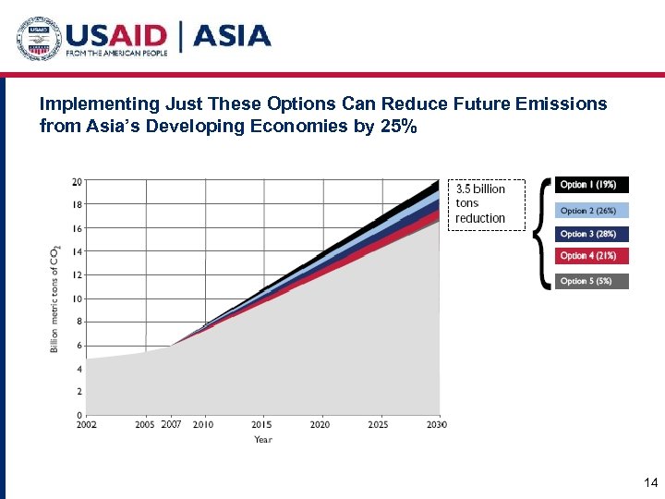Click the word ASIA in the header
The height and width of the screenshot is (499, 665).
pyautogui.click(x=232, y=37)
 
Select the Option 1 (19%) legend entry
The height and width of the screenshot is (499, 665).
pyautogui.click(x=591, y=185)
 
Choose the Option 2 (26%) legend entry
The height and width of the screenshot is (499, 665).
pyautogui.click(x=591, y=211)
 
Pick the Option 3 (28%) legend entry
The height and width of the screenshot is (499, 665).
pyautogui.click(x=591, y=235)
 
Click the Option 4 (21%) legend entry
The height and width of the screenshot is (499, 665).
pyautogui.click(x=591, y=256)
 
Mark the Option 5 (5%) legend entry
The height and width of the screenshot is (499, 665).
pyautogui.click(x=591, y=281)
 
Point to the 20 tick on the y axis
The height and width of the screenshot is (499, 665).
pyautogui.click(x=77, y=181)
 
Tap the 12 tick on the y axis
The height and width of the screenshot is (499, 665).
pyautogui.click(x=77, y=275)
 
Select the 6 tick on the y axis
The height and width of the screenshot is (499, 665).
pyautogui.click(x=79, y=346)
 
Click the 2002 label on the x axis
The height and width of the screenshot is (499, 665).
pyautogui.click(x=87, y=424)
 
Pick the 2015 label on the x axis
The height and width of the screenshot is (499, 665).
pyautogui.click(x=262, y=424)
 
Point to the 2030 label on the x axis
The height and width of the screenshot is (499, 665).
pyautogui.click(x=437, y=424)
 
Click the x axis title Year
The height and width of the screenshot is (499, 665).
pyautogui.click(x=263, y=440)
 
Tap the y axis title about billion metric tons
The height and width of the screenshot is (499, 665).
pyautogui.click(x=54, y=298)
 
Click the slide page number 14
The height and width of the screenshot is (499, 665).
pyautogui.click(x=649, y=482)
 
